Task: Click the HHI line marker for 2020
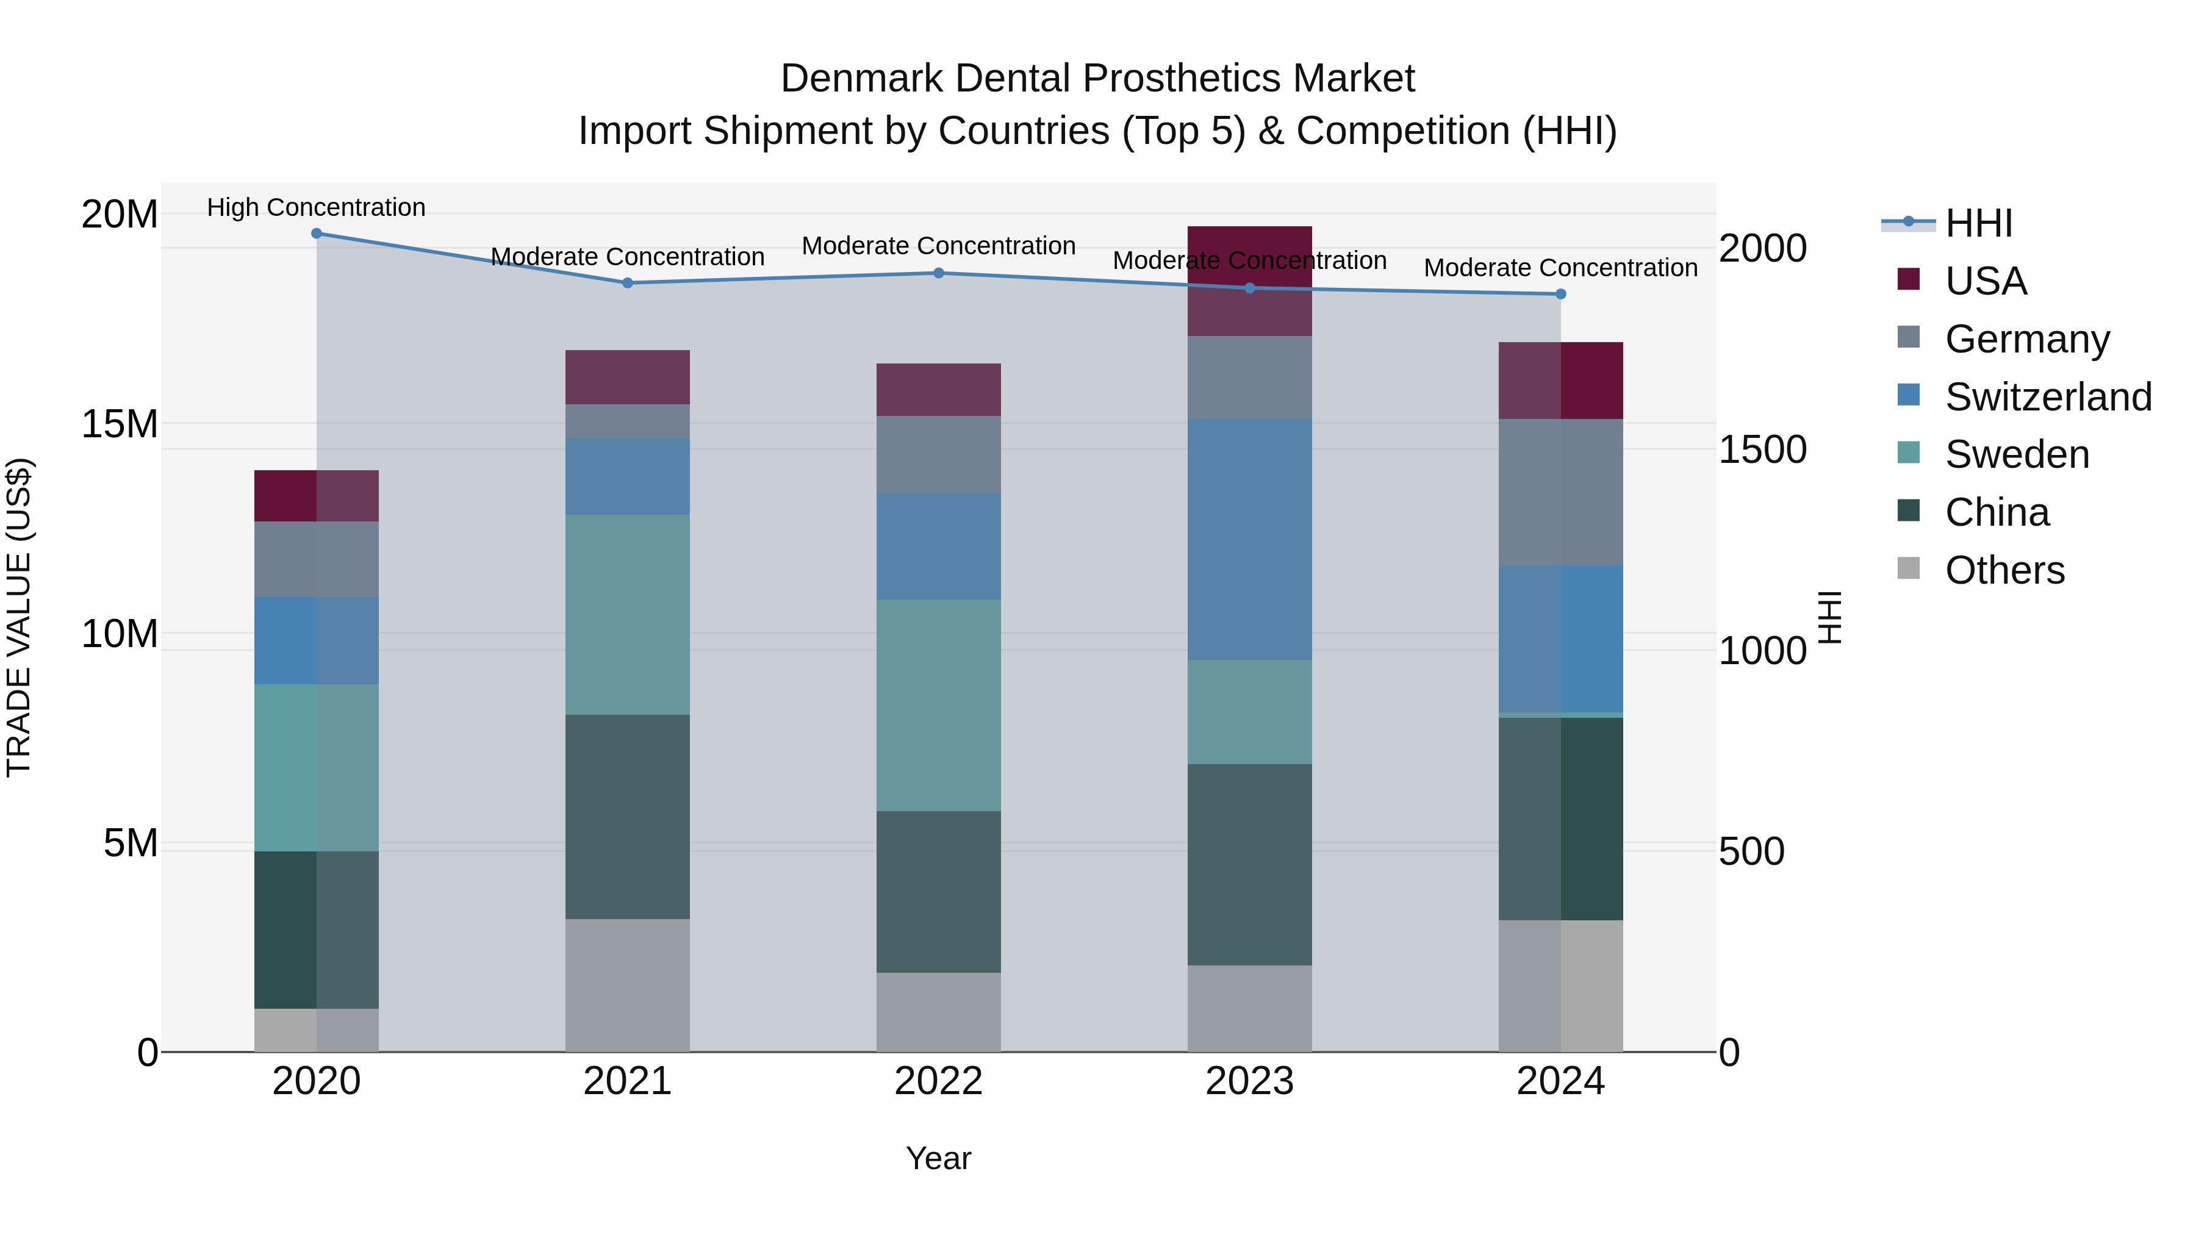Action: pyautogui.click(x=316, y=234)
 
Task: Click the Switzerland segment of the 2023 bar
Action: pyautogui.click(x=1250, y=540)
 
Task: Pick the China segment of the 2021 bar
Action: pyautogui.click(x=628, y=817)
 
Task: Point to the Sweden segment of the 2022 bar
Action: pyautogui.click(x=939, y=705)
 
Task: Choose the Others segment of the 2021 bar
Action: pyautogui.click(x=628, y=986)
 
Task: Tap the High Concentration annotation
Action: pyautogui.click(x=316, y=207)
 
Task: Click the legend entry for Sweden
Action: pyautogui.click(x=2016, y=454)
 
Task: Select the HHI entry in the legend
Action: pyautogui.click(x=1978, y=223)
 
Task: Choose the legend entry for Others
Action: pyautogui.click(x=2003, y=570)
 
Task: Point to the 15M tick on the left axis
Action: pyautogui.click(x=120, y=424)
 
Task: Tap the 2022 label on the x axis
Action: pyautogui.click(x=939, y=1081)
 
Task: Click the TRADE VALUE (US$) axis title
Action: pyautogui.click(x=19, y=617)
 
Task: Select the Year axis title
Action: pyautogui.click(x=939, y=1158)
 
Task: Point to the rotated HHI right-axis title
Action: pyautogui.click(x=1829, y=617)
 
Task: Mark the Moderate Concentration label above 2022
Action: pyautogui.click(x=939, y=245)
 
